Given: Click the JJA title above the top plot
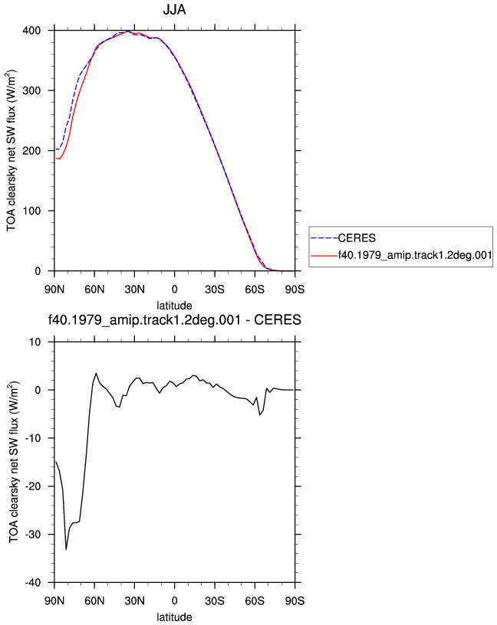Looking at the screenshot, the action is pyautogui.click(x=174, y=9).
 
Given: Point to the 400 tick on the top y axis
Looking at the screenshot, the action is pyautogui.click(x=31, y=31).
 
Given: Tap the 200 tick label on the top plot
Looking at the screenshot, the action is pyautogui.click(x=31, y=151).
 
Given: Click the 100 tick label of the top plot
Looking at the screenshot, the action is pyautogui.click(x=31, y=211).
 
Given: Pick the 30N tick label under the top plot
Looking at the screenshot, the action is pyautogui.click(x=134, y=290).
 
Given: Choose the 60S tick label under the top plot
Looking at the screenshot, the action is pyautogui.click(x=255, y=290).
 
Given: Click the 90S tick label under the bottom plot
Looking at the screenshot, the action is pyautogui.click(x=295, y=600).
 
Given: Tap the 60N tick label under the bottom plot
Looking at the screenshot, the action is pyautogui.click(x=94, y=600).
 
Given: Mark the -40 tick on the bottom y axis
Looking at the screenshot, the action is pyautogui.click(x=33, y=582).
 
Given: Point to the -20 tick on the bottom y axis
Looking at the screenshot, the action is pyautogui.click(x=33, y=486).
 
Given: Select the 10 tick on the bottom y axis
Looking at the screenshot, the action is pyautogui.click(x=35, y=342).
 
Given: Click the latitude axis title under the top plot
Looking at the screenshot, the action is pyautogui.click(x=174, y=306).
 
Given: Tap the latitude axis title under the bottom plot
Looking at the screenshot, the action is pyautogui.click(x=174, y=617).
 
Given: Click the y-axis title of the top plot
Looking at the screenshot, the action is pyautogui.click(x=11, y=151).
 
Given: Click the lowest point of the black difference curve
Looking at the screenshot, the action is pyautogui.click(x=66, y=549).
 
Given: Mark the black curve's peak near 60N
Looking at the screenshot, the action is pyautogui.click(x=96, y=373).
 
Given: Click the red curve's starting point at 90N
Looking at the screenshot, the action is pyautogui.click(x=56, y=159).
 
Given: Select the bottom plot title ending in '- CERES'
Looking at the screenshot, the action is pyautogui.click(x=174, y=320).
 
